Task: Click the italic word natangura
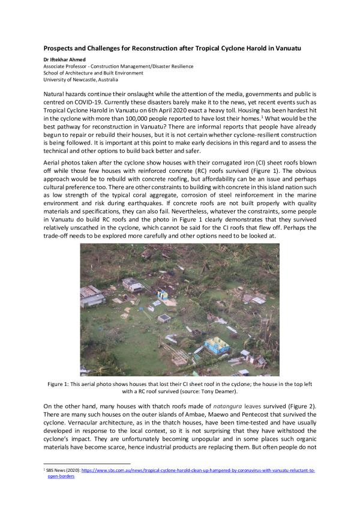[x=223, y=406]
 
